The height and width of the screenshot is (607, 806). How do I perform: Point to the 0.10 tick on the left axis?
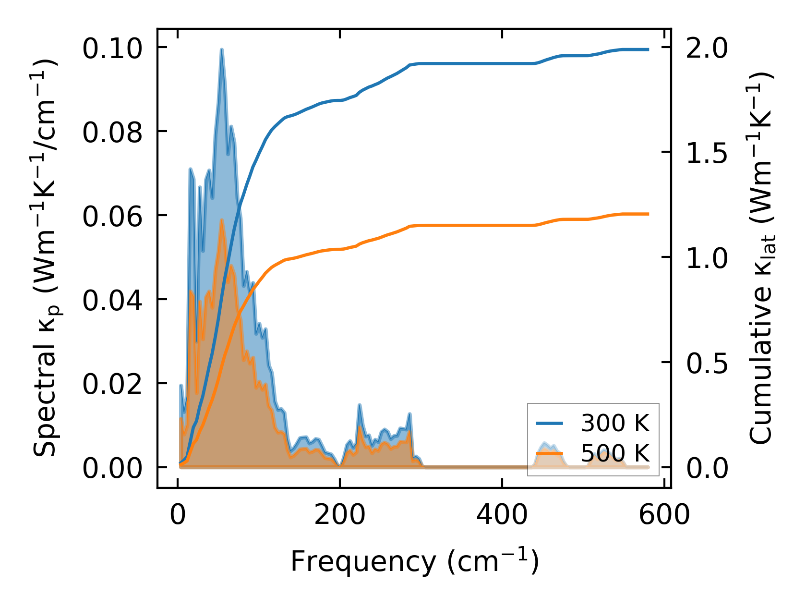112,49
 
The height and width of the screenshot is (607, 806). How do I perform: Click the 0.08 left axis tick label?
112,133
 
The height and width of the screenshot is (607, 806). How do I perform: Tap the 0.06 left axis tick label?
112,217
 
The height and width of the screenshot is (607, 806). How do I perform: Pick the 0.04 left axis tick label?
112,301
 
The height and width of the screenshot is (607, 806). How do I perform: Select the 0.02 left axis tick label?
112,385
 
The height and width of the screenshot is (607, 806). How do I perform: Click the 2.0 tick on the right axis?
706,49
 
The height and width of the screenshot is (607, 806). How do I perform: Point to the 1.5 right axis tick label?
706,153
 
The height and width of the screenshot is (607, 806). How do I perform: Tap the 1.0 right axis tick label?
706,258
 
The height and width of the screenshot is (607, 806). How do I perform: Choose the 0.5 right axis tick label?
706,364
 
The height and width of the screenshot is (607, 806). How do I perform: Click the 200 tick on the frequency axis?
339,515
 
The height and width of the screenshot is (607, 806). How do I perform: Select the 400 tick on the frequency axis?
502,515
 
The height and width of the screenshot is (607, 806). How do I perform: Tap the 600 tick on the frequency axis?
664,515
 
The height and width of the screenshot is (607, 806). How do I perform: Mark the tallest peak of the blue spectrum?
221,49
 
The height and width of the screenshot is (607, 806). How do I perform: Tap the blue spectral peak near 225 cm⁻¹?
360,405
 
